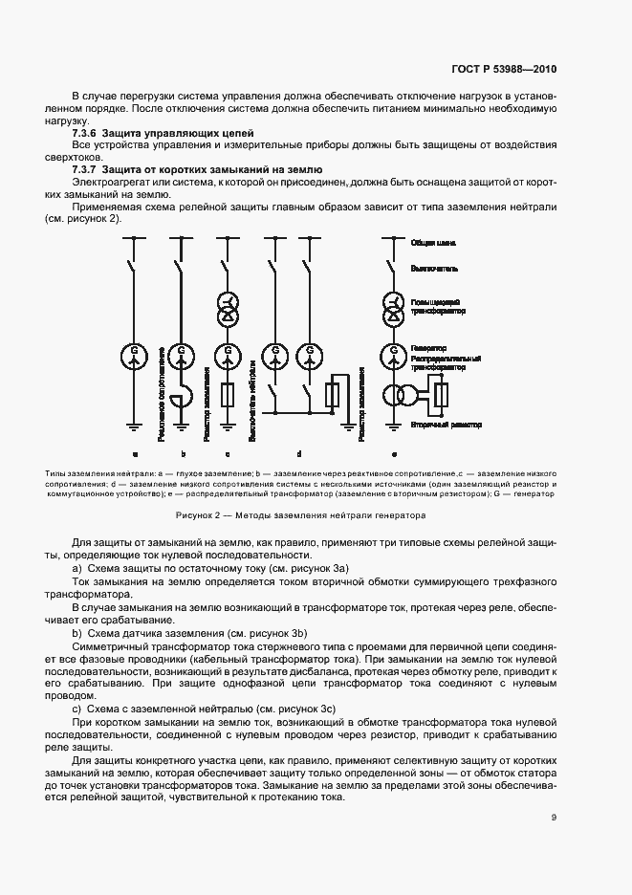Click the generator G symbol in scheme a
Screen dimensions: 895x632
pyautogui.click(x=135, y=355)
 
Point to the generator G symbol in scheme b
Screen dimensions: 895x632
pyautogui.click(x=181, y=355)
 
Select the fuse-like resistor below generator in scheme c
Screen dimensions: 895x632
pyautogui.click(x=228, y=394)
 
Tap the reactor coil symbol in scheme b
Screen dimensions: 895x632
pyautogui.click(x=183, y=394)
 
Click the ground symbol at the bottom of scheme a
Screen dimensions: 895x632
pyautogui.click(x=135, y=426)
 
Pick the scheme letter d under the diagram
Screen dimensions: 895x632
pyautogui.click(x=299, y=453)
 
